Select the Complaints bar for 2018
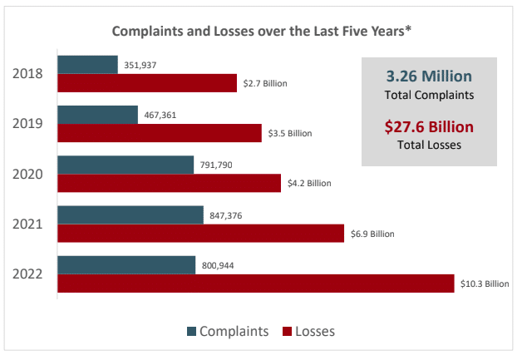[87, 65]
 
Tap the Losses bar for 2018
[147, 83]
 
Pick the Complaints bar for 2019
[97, 115]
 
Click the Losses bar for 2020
[169, 183]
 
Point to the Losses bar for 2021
[200, 233]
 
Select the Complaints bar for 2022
[126, 264]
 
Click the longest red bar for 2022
[256, 284]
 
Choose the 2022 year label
[30, 274]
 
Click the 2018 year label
[30, 74]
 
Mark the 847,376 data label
[227, 215]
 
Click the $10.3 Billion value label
[484, 284]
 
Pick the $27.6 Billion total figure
[429, 127]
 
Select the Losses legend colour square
[288, 332]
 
